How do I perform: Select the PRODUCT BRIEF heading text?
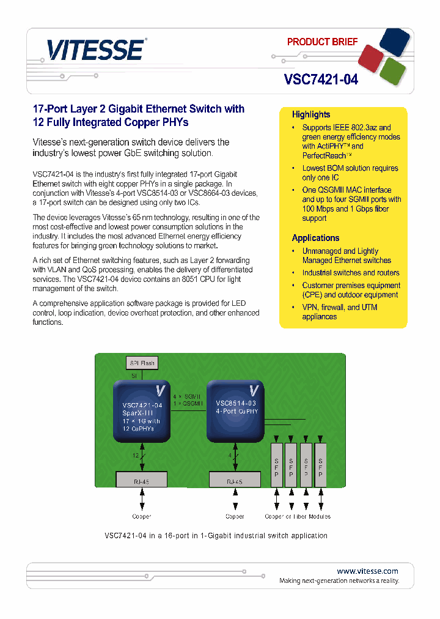tap(322, 42)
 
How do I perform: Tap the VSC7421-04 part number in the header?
tap(321, 79)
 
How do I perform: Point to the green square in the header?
tap(392, 71)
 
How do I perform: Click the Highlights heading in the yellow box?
tap(311, 114)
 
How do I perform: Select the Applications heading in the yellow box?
tap(315, 238)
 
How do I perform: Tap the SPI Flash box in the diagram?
tap(142, 363)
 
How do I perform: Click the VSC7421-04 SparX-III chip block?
tap(142, 412)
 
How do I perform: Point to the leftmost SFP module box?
tap(277, 465)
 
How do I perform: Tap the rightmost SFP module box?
tap(320, 465)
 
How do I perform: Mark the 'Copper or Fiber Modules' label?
tap(298, 516)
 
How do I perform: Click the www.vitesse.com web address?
tap(367, 571)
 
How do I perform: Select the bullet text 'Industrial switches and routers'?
tap(350, 273)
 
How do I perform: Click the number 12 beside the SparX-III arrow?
tap(135, 456)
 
